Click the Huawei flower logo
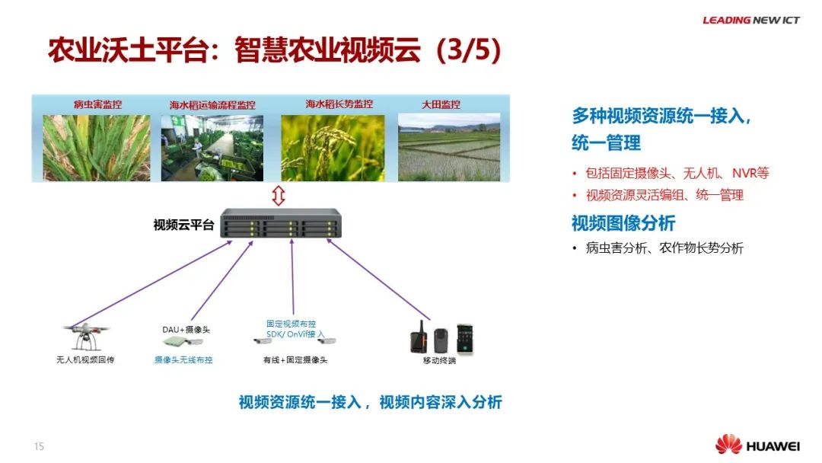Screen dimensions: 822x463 tap(728, 444)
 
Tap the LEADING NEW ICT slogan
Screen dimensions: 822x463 tap(750, 20)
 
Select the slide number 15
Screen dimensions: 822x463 tap(39, 446)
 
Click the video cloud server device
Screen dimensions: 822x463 tap(281, 226)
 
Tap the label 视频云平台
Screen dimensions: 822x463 tap(183, 225)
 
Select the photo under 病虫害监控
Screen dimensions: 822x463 tap(96, 148)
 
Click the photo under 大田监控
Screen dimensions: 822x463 tap(448, 148)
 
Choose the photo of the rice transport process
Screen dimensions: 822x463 tap(212, 148)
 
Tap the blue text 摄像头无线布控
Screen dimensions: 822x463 tap(183, 359)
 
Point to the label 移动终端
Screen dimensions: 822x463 tap(439, 360)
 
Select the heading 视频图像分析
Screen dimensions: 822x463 tap(623, 223)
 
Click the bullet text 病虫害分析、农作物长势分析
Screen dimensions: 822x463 tap(664, 248)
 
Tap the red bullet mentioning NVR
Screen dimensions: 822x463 tap(677, 173)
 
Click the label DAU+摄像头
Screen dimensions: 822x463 tap(186, 330)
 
